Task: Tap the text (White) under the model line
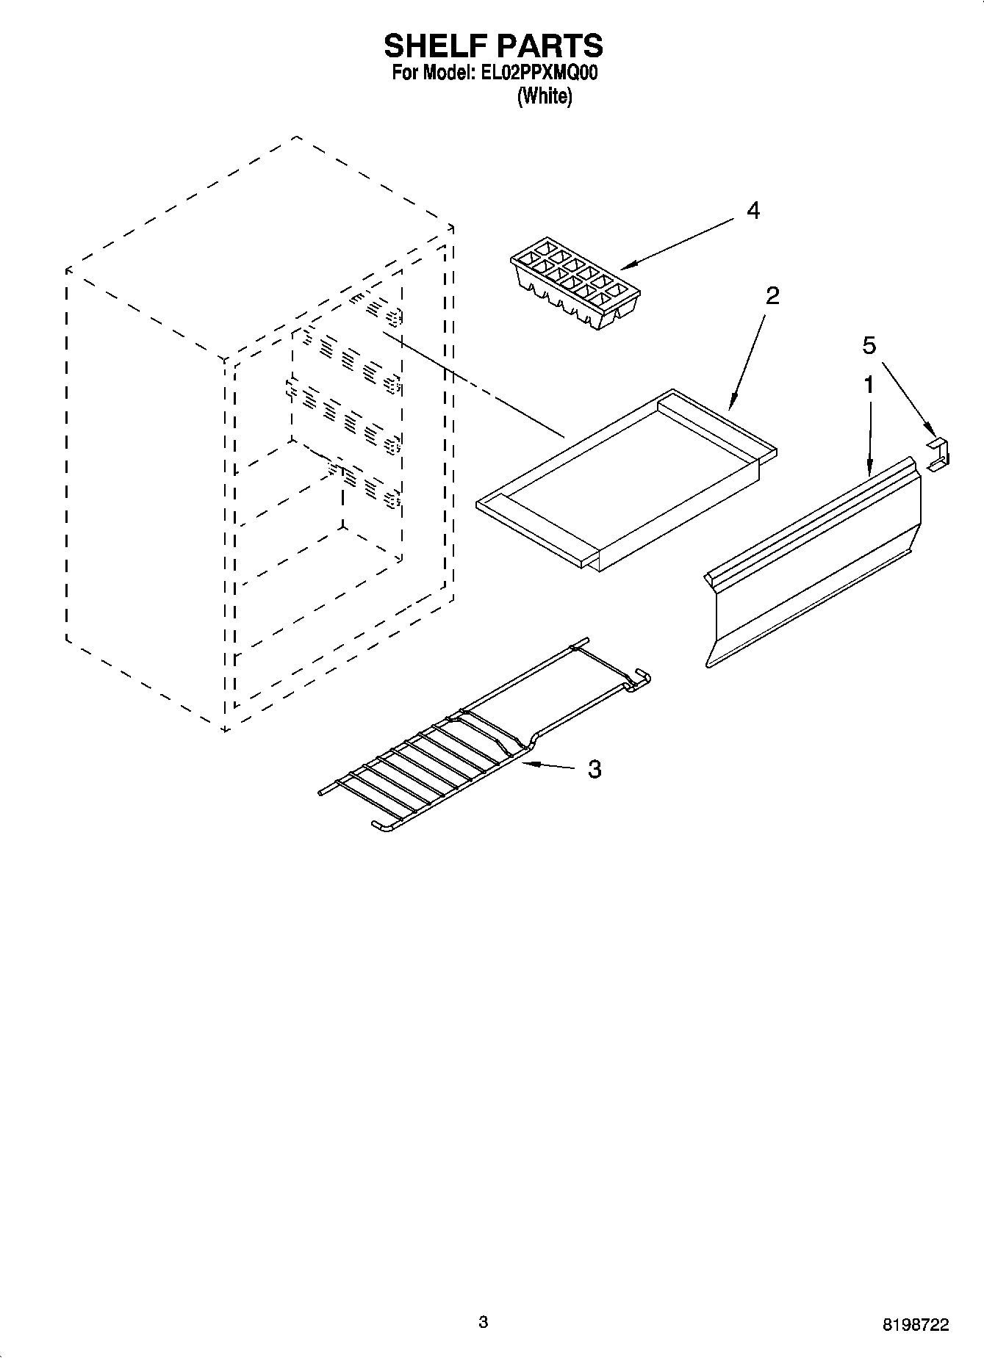pos(545,96)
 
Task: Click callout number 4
pos(753,211)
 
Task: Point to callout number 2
pos(772,296)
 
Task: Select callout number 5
pos(869,344)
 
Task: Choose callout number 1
pos(869,384)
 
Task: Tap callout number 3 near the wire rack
pos(594,769)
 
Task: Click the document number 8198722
pos(915,1325)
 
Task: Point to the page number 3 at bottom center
pos(483,1322)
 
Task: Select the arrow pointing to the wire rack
pos(551,766)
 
